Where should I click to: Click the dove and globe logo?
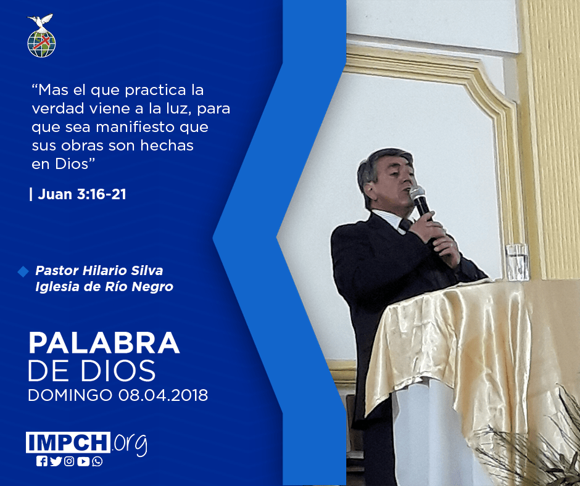click(41, 36)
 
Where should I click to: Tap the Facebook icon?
click(42, 461)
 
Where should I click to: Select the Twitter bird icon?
click(56, 461)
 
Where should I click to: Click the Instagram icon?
click(69, 461)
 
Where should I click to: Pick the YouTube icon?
click(83, 461)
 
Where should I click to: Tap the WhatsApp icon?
click(97, 461)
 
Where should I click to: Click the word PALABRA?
click(104, 344)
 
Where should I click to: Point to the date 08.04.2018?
click(163, 395)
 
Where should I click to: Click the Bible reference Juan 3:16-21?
click(81, 194)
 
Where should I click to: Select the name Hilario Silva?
click(123, 271)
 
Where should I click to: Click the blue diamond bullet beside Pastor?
click(23, 271)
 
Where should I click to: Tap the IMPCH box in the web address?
click(68, 442)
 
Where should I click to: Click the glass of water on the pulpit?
click(516, 262)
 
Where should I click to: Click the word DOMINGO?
click(70, 395)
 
